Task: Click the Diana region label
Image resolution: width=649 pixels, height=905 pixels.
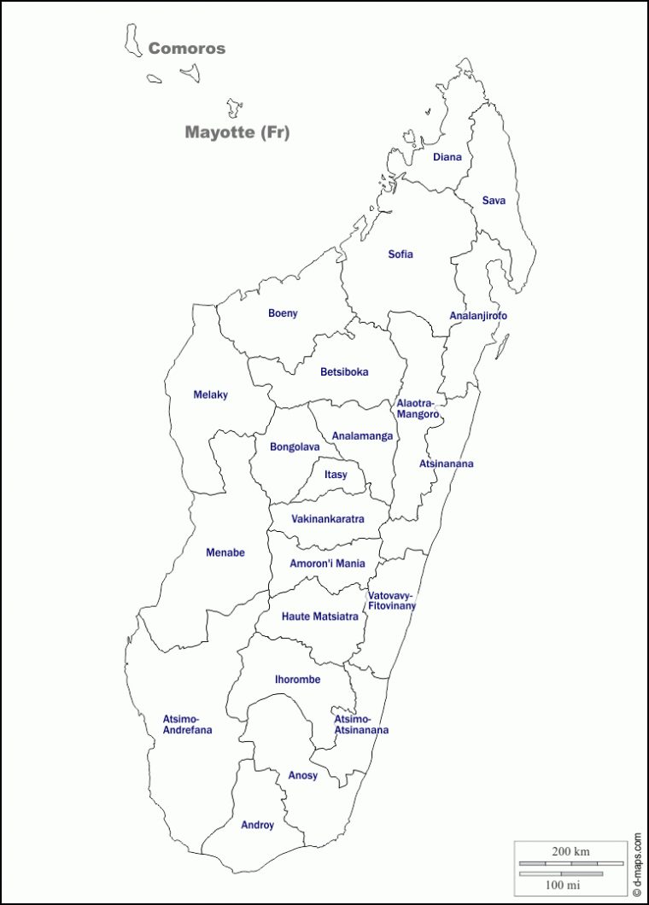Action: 447,157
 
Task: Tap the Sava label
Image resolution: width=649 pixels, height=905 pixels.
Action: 494,201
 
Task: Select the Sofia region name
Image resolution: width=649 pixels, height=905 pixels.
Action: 401,254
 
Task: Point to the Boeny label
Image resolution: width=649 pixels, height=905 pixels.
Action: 283,313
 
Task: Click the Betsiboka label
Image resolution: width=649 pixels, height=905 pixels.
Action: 344,372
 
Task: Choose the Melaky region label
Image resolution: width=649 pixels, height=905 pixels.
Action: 210,394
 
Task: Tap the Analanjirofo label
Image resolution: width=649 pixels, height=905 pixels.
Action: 478,316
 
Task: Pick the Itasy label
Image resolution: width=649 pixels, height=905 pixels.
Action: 336,475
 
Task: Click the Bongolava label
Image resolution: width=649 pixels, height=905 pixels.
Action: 295,447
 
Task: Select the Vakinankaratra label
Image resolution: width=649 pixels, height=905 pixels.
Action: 328,519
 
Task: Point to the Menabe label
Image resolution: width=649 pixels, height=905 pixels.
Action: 225,552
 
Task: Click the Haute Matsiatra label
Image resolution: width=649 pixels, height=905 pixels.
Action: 320,616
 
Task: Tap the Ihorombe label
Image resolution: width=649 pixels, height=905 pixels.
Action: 297,680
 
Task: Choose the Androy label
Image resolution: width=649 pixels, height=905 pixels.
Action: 257,825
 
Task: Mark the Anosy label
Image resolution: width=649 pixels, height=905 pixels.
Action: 302,775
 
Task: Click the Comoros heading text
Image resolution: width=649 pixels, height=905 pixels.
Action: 187,49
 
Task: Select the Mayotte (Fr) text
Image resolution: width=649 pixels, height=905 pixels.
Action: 237,132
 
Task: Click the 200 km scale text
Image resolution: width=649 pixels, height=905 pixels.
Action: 570,852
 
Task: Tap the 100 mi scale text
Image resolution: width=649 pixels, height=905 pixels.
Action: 560,882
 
